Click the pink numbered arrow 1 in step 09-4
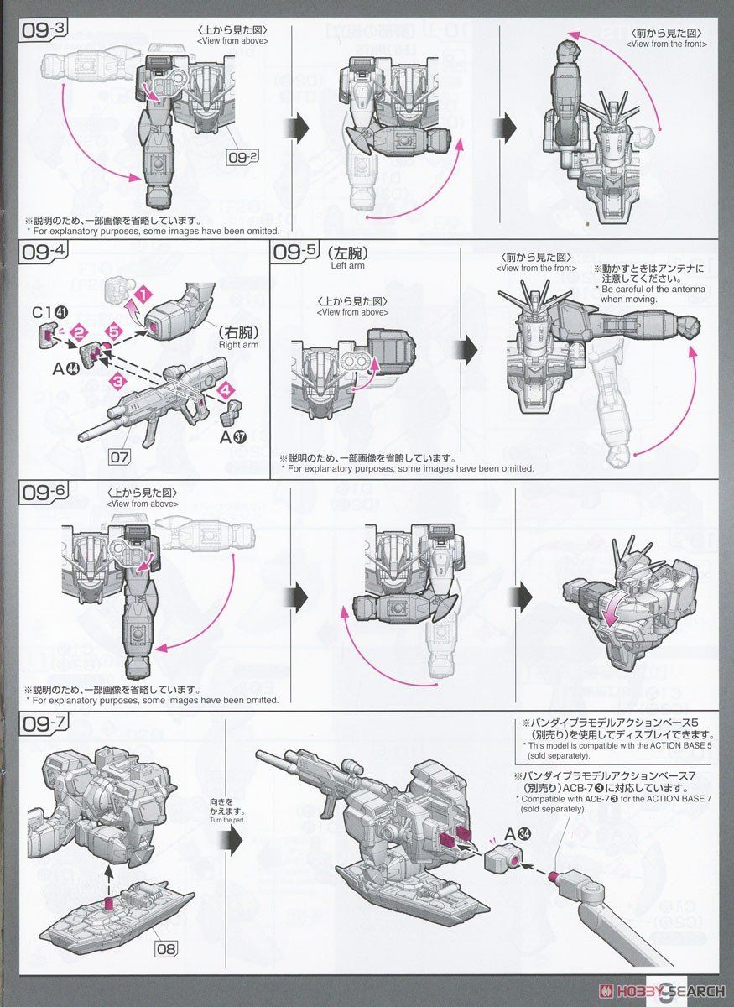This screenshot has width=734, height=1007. [144, 295]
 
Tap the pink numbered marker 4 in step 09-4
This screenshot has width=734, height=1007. [224, 390]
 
